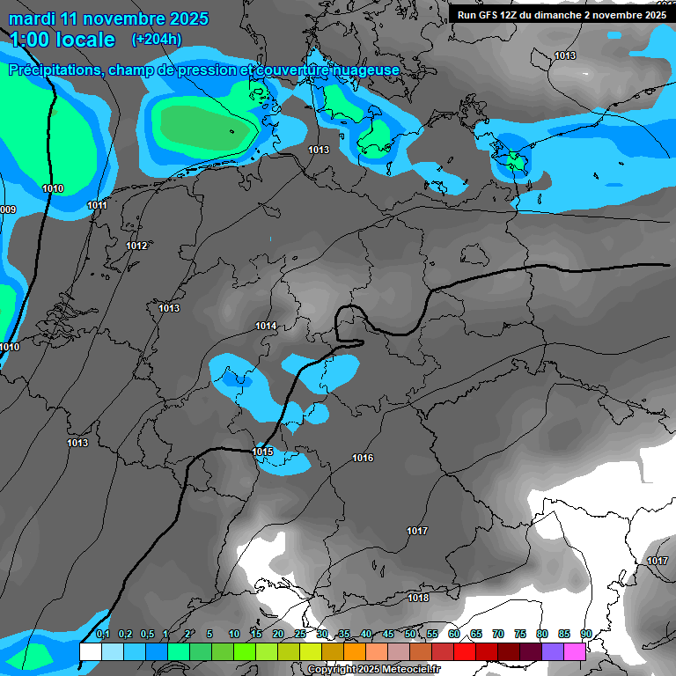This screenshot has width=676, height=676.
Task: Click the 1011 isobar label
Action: tap(98, 205)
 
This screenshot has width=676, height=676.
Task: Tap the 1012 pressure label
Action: tap(136, 246)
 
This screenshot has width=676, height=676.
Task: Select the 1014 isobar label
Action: tap(266, 326)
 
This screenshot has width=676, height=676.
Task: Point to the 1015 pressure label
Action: tap(262, 452)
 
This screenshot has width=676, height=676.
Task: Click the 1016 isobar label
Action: tap(363, 458)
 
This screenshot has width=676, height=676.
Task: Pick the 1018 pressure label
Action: tap(418, 598)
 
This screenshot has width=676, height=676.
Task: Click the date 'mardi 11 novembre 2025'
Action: tap(108, 18)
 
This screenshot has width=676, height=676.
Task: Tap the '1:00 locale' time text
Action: tap(62, 40)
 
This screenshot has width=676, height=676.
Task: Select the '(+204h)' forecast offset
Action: tap(157, 39)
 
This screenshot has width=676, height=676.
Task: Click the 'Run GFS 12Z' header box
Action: tap(561, 14)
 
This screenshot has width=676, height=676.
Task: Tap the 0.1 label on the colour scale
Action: tap(103, 634)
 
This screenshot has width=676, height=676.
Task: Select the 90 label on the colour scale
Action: tap(586, 634)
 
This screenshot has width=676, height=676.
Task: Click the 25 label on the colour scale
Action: tap(300, 634)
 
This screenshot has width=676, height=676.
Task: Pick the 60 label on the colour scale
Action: tap(454, 634)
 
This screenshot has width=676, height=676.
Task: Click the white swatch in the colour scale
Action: tap(90, 651)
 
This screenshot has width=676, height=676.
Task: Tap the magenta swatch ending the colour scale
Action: tap(574, 651)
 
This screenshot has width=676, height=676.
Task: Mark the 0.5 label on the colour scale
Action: tap(147, 634)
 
